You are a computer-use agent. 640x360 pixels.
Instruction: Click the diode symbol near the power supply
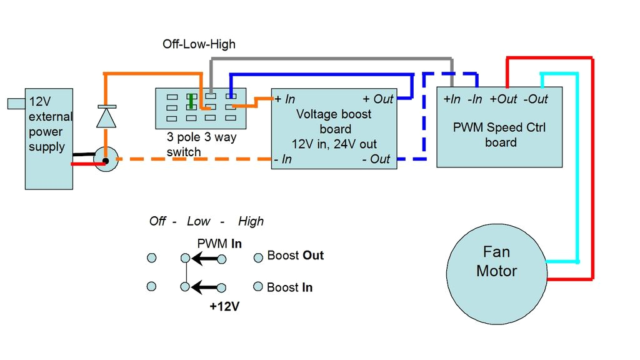coord(106,117)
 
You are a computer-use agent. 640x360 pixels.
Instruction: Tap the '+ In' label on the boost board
coord(285,99)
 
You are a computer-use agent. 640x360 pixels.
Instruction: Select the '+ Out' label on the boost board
coord(377,99)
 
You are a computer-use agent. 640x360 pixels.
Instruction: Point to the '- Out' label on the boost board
coord(376,159)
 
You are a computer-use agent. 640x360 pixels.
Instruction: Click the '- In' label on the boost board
coord(283,159)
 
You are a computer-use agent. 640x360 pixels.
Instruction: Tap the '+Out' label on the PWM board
coord(503,99)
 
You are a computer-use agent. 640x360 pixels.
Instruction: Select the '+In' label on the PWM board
coord(452,99)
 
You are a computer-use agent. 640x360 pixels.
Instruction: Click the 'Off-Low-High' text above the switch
coord(199,44)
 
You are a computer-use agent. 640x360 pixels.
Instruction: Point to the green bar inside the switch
coord(190,101)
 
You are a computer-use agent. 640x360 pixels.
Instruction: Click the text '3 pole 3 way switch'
coord(201,144)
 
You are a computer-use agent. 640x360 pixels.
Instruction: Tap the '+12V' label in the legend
coord(224,307)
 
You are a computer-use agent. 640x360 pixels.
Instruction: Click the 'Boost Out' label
coord(295,256)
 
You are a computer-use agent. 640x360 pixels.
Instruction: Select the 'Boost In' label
coord(289,287)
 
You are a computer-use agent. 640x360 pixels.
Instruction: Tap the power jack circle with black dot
coord(106,160)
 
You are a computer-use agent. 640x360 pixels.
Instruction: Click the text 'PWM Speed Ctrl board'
coord(499,135)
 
